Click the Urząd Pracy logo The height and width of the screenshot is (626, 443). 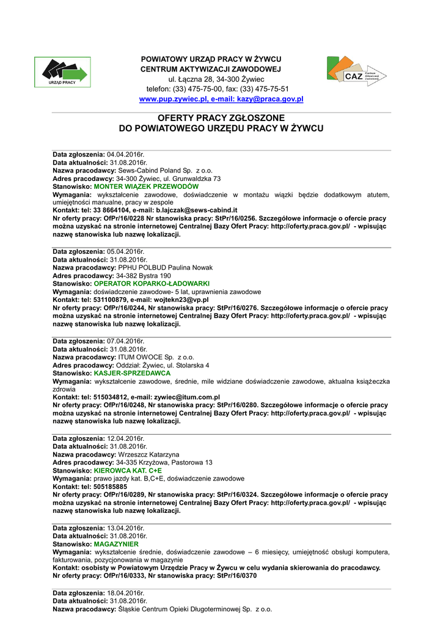[62, 72]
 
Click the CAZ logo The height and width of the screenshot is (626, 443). [356, 72]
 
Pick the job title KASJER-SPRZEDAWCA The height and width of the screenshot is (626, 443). [132, 373]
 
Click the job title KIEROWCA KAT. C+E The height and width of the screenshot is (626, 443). [128, 471]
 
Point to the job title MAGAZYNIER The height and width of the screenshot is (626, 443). [116, 543]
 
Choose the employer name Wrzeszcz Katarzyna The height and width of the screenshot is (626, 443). [148, 455]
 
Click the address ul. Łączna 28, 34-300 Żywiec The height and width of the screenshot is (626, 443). [216, 79]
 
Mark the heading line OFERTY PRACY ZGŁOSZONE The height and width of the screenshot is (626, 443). [221, 118]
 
